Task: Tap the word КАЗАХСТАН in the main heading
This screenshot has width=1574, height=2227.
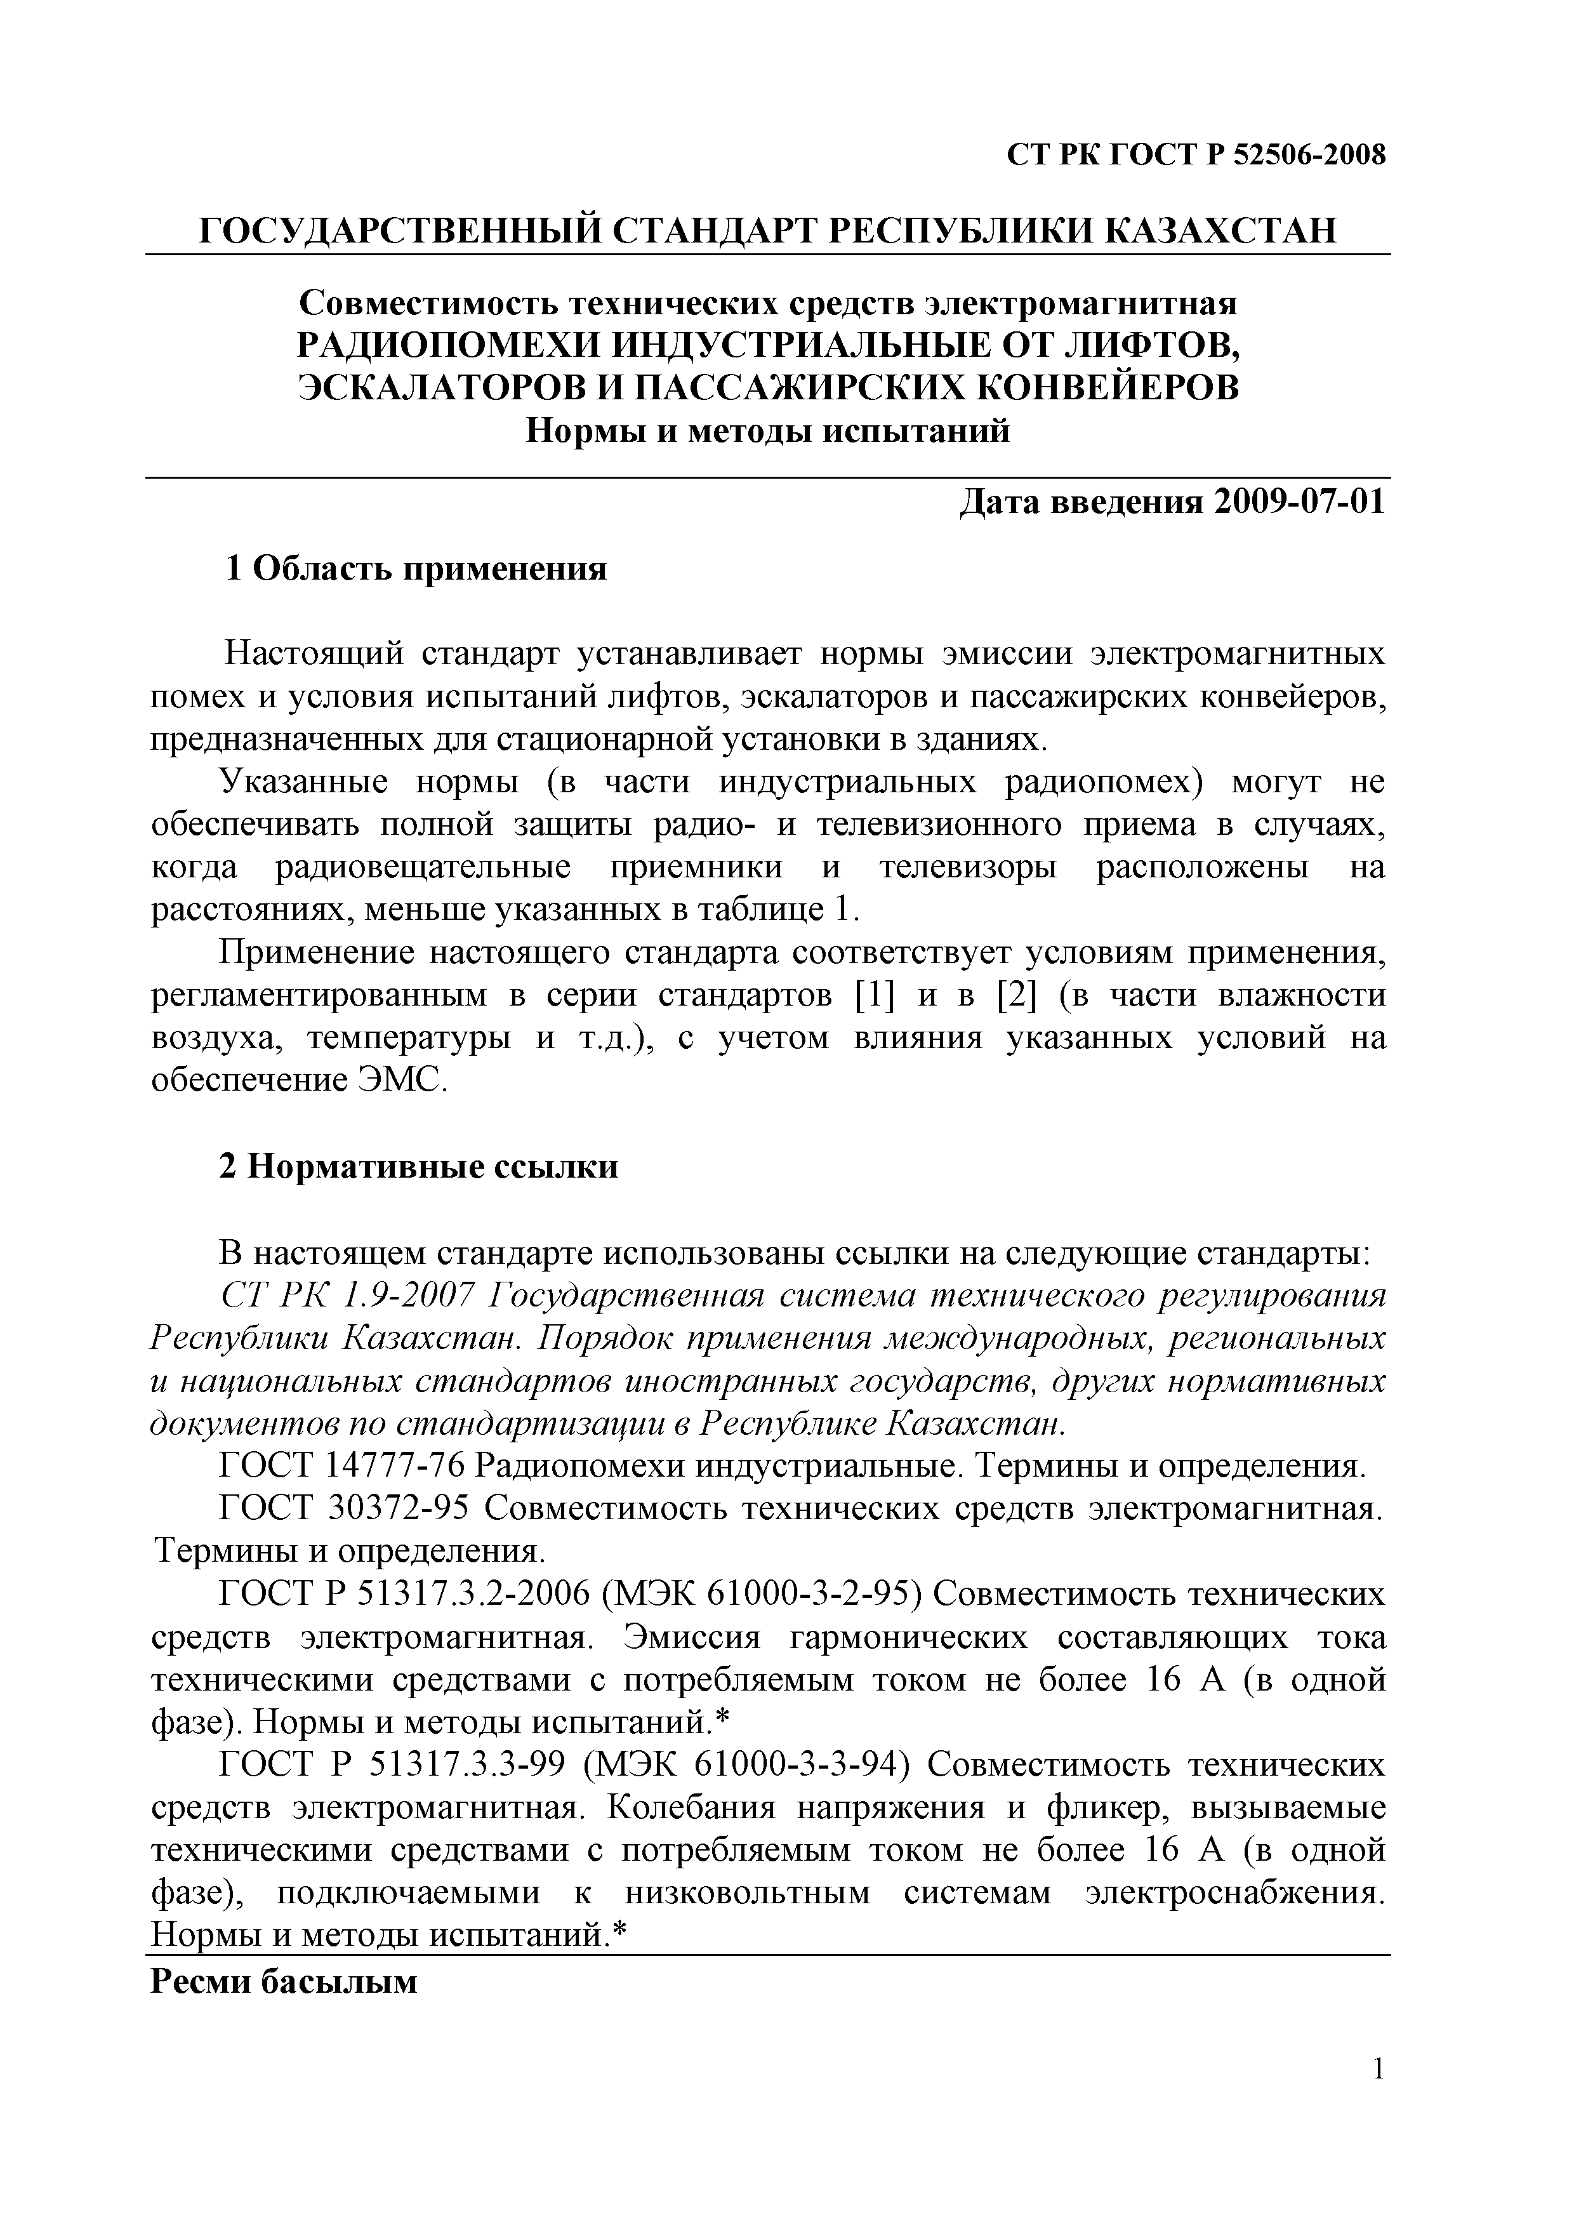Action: (1219, 231)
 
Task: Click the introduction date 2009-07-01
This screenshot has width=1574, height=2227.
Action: (1300, 502)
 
